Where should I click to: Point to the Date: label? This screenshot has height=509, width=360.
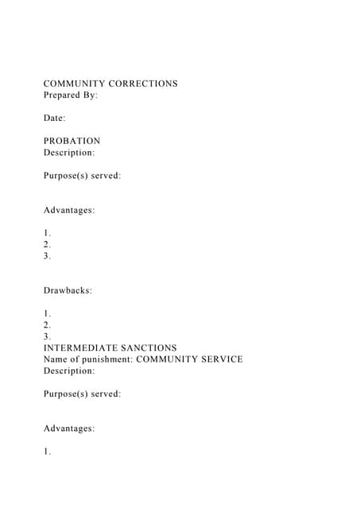(x=54, y=118)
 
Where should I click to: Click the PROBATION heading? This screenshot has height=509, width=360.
(x=72, y=141)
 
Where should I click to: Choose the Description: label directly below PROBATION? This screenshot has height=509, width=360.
(x=69, y=152)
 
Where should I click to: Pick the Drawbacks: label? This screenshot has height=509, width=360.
(x=68, y=290)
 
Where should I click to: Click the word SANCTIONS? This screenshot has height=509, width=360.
(x=149, y=348)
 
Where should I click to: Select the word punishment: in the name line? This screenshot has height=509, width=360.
(x=108, y=359)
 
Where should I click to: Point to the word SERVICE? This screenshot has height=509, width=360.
(x=219, y=359)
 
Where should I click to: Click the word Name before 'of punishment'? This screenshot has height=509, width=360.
(x=56, y=359)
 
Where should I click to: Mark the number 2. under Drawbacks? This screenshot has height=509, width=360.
(x=47, y=324)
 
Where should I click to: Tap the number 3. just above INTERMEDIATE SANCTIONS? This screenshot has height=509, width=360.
(x=47, y=336)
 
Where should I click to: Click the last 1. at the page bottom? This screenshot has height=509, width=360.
(x=47, y=452)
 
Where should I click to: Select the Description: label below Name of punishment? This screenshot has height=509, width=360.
(x=69, y=371)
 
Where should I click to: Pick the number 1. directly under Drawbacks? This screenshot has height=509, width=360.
(x=47, y=313)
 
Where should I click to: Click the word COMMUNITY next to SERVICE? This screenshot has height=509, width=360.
(x=165, y=359)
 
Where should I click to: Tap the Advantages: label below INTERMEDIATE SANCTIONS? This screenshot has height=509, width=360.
(x=69, y=429)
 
